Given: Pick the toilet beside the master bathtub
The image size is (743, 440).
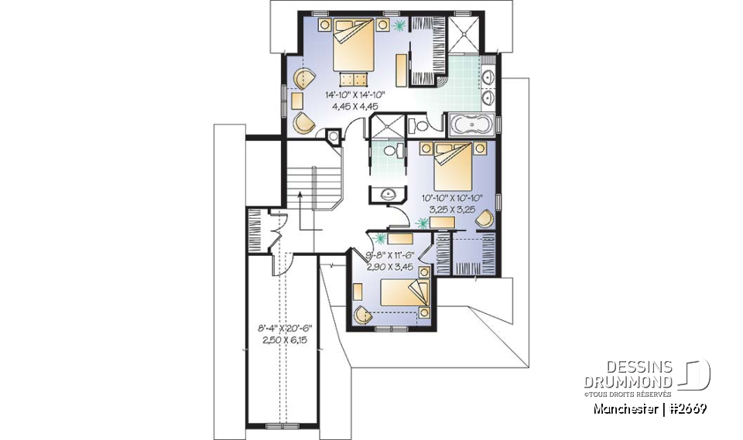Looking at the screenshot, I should click(419, 124).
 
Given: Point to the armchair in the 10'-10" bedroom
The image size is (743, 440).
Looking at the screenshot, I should click(483, 220).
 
